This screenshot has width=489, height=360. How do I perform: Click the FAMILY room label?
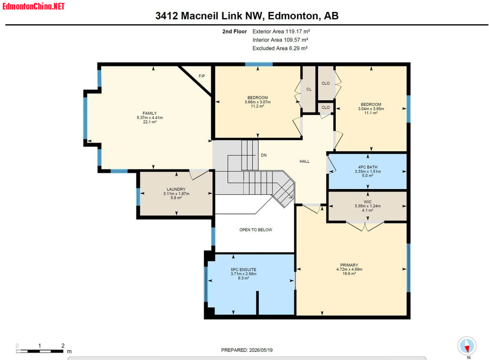click(x=149, y=113)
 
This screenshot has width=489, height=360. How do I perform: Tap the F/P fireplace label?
click(x=202, y=76)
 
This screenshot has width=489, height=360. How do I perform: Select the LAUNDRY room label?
click(x=176, y=189)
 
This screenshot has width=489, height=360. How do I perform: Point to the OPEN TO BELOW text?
click(x=256, y=230)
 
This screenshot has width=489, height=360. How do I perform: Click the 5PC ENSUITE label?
click(x=244, y=270)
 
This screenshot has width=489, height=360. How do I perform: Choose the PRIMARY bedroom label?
click(x=349, y=265)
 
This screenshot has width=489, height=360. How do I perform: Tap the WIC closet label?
click(x=368, y=201)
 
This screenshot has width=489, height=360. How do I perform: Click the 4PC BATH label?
click(x=368, y=167)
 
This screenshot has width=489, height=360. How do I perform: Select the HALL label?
click(x=305, y=161)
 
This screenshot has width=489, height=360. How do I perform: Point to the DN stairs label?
click(x=264, y=155)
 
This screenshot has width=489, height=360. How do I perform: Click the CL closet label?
click(x=309, y=89)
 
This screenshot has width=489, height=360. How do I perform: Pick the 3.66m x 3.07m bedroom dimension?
click(x=257, y=102)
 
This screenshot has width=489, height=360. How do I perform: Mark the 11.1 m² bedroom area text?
click(x=371, y=113)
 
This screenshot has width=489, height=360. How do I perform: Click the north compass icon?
click(x=467, y=346)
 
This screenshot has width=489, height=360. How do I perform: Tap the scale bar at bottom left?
click(x=40, y=351)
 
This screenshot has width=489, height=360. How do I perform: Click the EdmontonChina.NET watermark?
click(x=33, y=6)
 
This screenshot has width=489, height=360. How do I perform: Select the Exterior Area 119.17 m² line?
click(x=281, y=32)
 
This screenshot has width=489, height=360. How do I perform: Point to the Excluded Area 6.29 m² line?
click(x=280, y=48)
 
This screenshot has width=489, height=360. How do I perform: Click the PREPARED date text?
click(x=247, y=350)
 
